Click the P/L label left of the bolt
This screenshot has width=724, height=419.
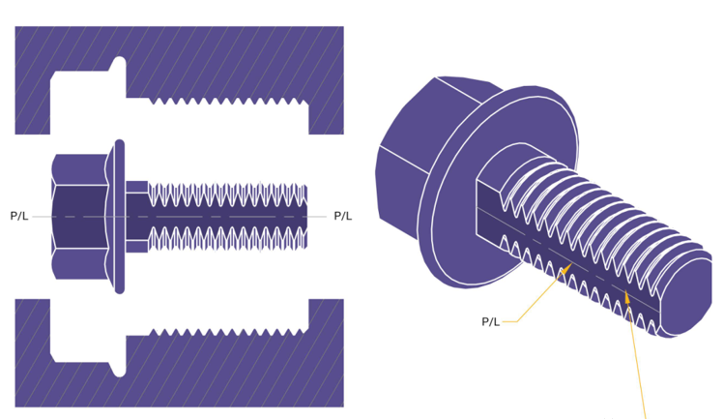19,216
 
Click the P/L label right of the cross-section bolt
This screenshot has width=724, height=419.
342,216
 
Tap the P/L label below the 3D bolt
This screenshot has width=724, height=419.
490,321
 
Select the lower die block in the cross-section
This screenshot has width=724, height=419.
193,373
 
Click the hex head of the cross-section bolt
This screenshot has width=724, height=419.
79,216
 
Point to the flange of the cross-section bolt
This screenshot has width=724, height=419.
119,216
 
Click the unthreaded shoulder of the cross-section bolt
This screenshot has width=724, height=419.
137,216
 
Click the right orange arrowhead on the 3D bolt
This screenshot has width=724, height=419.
626,297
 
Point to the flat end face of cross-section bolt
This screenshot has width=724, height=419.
306,216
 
